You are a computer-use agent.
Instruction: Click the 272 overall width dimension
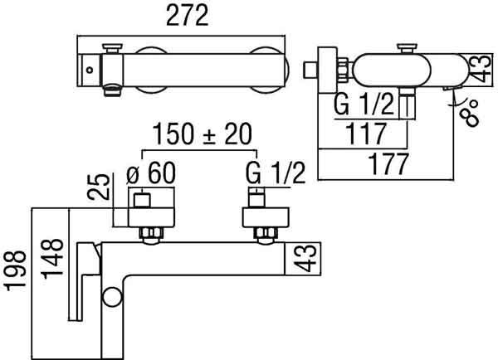pos(188,15)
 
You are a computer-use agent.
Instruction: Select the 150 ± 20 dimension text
pos(203,134)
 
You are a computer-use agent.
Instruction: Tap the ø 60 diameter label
pos(151,173)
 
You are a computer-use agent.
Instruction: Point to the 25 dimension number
pos(99,187)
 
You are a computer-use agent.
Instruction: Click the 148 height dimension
pos(53,259)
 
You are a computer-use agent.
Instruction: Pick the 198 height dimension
pos(15,270)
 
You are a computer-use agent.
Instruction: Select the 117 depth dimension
pos(366,134)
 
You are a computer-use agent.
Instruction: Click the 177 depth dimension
pos(388,164)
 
